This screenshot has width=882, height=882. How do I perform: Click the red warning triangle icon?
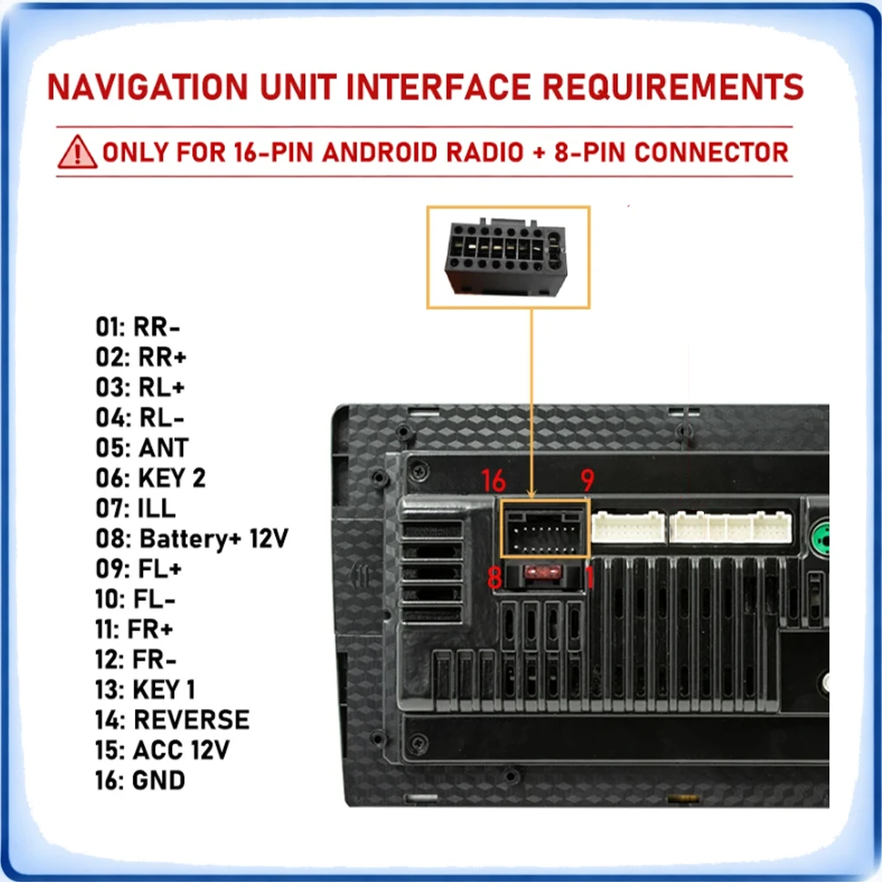pos(77,153)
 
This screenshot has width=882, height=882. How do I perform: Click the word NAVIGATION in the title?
pos(148,87)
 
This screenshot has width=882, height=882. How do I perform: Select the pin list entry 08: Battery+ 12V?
pos(191,538)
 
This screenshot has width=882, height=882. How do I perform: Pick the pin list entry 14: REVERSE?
pos(172,720)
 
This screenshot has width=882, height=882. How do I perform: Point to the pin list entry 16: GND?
pos(140,781)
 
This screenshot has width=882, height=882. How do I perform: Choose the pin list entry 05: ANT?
pos(142,448)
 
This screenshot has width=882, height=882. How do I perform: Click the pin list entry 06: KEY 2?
pos(150,478)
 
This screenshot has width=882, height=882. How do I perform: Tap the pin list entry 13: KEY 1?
pos(146,689)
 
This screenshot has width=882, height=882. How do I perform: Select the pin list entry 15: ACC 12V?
pos(162,750)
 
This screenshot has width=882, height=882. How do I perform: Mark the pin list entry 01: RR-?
pos(138,327)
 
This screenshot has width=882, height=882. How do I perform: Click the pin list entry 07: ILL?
pos(136,509)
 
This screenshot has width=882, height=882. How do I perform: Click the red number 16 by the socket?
pos(493,481)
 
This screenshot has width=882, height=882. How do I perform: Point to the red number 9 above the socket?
pos(587,480)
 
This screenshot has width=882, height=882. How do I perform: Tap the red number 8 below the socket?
pos(495,577)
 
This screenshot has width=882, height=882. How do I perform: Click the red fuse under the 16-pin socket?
pos(542,573)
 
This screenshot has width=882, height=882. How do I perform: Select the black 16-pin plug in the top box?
pos(506,258)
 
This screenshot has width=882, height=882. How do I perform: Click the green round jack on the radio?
pos(820,538)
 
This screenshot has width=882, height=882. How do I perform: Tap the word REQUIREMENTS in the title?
pos(673,87)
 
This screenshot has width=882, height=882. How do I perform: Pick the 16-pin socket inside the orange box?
pos(544,531)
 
